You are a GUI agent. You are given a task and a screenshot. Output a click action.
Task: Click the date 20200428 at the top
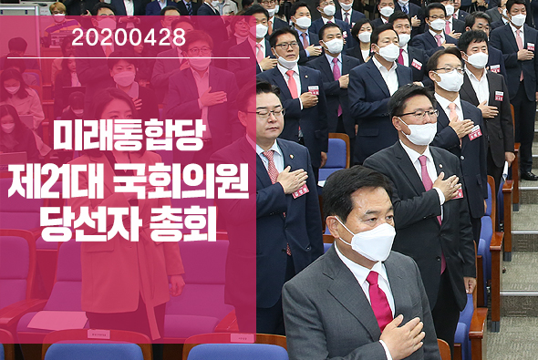click(128, 37)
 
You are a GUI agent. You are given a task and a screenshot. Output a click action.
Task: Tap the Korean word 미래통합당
click(128, 136)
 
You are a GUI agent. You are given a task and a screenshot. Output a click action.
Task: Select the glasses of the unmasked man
click(265, 114)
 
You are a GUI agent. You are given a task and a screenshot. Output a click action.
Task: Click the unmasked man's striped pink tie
click(271, 165)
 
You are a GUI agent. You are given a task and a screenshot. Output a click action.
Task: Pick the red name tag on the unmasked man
click(300, 190)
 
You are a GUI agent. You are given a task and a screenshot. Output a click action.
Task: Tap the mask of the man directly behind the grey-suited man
click(420, 132)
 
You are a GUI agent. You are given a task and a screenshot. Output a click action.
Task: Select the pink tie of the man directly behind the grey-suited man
click(428, 179)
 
